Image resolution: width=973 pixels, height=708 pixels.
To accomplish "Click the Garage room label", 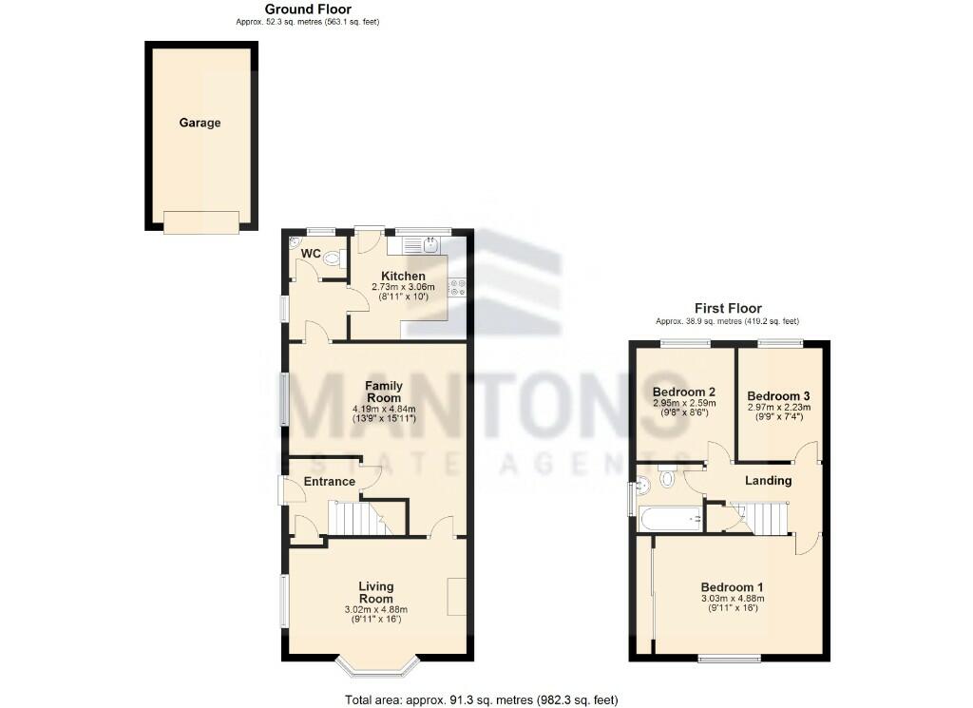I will point(200,123).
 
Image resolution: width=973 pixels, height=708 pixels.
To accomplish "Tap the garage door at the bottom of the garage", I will point(200,221).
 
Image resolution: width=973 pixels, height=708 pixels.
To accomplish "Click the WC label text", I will point(311,254).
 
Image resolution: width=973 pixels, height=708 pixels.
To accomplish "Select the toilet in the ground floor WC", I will point(333,258).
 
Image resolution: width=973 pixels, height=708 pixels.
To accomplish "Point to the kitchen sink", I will point(419,246).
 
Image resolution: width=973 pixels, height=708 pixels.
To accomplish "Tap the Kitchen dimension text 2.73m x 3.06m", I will point(402,287).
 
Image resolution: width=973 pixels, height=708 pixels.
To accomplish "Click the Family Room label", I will point(384,392).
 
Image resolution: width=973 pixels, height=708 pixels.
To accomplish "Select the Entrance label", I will point(330,482).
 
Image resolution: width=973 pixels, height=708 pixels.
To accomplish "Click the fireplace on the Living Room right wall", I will point(457,596).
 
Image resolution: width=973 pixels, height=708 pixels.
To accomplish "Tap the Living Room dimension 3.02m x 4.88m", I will point(376,609).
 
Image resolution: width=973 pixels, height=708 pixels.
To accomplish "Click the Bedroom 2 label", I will point(683,392).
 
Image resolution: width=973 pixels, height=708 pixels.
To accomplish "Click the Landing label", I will point(768,481).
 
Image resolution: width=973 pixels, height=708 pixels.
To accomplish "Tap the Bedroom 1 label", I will point(733,586).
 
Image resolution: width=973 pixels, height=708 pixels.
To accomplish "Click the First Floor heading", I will point(728,309).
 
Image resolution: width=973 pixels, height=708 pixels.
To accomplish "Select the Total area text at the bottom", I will point(481,700).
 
